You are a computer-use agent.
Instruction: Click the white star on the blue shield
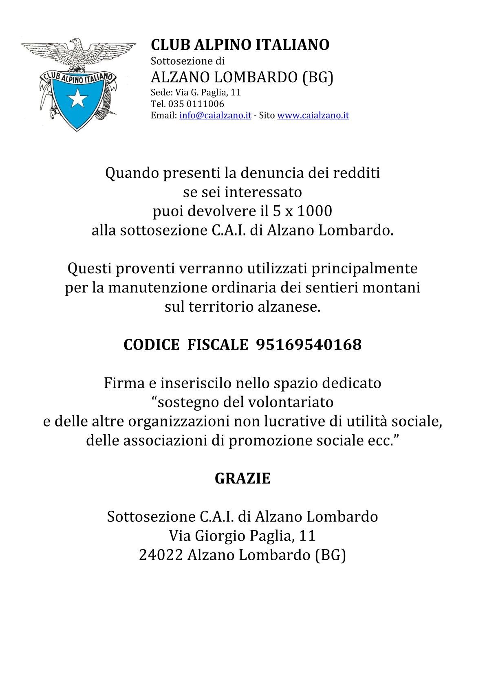pos(76,98)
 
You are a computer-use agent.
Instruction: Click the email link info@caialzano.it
pos(215,115)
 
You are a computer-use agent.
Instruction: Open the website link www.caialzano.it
pos(313,115)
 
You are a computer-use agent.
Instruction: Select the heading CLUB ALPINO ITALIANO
pos(240,45)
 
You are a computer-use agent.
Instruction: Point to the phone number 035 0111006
pos(198,104)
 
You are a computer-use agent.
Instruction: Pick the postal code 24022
pos(160,555)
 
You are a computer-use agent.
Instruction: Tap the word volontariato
pos(290,402)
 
